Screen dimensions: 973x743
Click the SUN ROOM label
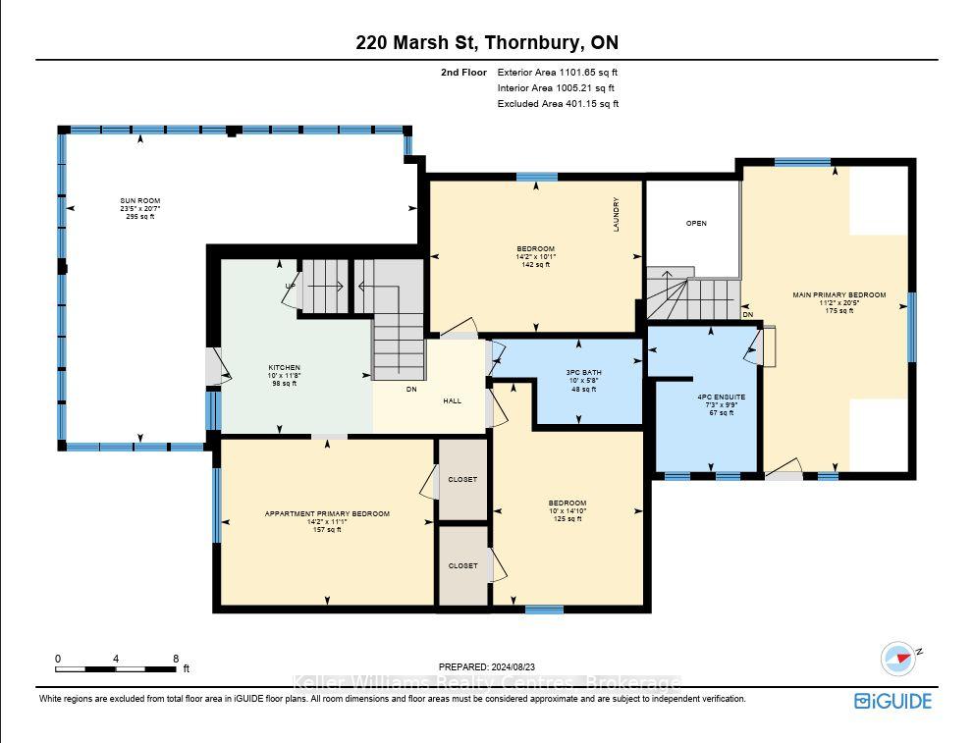tap(140, 201)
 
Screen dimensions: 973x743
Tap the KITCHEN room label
tap(284, 368)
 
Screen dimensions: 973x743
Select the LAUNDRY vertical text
tap(617, 215)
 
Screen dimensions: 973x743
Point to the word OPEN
tap(696, 223)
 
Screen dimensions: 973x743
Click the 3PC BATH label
tap(584, 373)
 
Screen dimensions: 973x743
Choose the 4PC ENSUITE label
tap(722, 397)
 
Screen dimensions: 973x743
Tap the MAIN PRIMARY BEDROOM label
tap(838, 295)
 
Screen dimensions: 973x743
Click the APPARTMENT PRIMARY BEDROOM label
tap(327, 514)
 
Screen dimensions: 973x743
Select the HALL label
tap(453, 401)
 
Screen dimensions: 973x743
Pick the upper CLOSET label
tap(462, 479)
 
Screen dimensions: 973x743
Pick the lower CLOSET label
tap(462, 565)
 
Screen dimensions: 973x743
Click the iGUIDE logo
tap(892, 702)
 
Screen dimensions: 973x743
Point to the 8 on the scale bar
tap(176, 659)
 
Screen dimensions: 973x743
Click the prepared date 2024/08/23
tap(513, 667)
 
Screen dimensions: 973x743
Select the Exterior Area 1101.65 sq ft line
tap(558, 73)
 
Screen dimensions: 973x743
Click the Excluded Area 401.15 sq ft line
tap(558, 104)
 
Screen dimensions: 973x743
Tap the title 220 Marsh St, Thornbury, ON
tap(487, 43)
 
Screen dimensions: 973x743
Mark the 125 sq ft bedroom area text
tap(568, 519)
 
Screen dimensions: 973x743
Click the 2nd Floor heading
tap(464, 73)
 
